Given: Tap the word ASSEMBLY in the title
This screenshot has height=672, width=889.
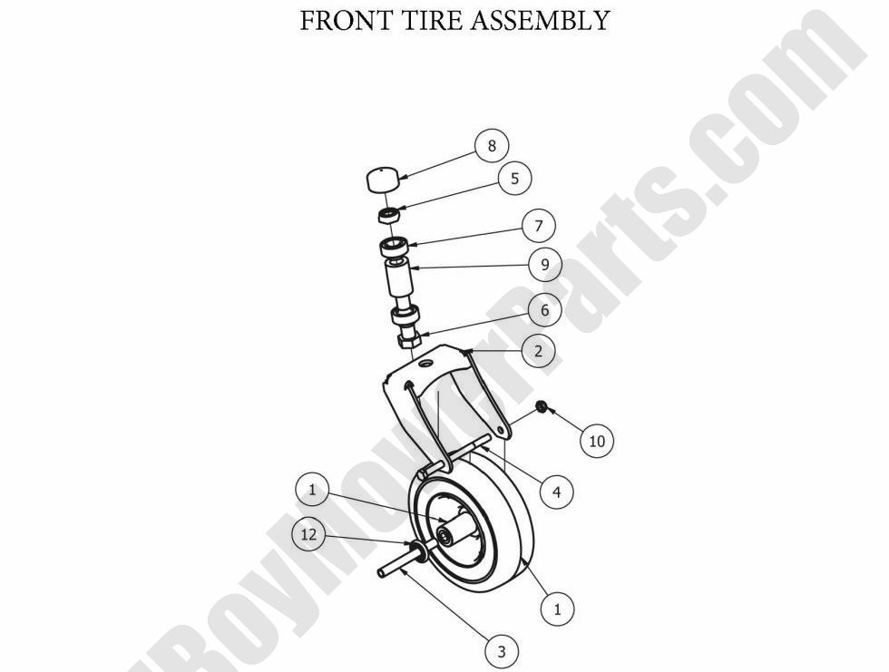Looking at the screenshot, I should [x=539, y=21].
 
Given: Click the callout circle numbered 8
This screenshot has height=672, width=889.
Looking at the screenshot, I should [x=492, y=145].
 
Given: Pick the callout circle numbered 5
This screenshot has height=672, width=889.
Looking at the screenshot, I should [x=514, y=178].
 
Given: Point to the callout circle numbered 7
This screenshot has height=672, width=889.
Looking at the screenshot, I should [x=538, y=225].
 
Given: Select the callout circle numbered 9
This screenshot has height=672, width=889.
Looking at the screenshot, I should [x=545, y=265].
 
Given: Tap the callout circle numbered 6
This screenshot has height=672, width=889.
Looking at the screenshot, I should [x=544, y=310].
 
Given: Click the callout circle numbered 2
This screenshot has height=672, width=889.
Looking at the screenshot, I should [x=538, y=351].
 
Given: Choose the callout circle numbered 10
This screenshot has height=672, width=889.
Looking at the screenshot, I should [x=596, y=441].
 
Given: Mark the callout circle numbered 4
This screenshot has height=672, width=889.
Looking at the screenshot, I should [x=556, y=492].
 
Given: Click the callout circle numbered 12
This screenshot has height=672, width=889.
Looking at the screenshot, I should [x=308, y=534].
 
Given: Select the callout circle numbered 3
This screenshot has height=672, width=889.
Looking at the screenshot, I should [x=501, y=649].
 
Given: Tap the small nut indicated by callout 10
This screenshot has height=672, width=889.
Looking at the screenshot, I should [x=541, y=405].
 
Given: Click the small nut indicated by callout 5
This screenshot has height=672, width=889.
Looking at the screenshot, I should [x=387, y=214].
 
